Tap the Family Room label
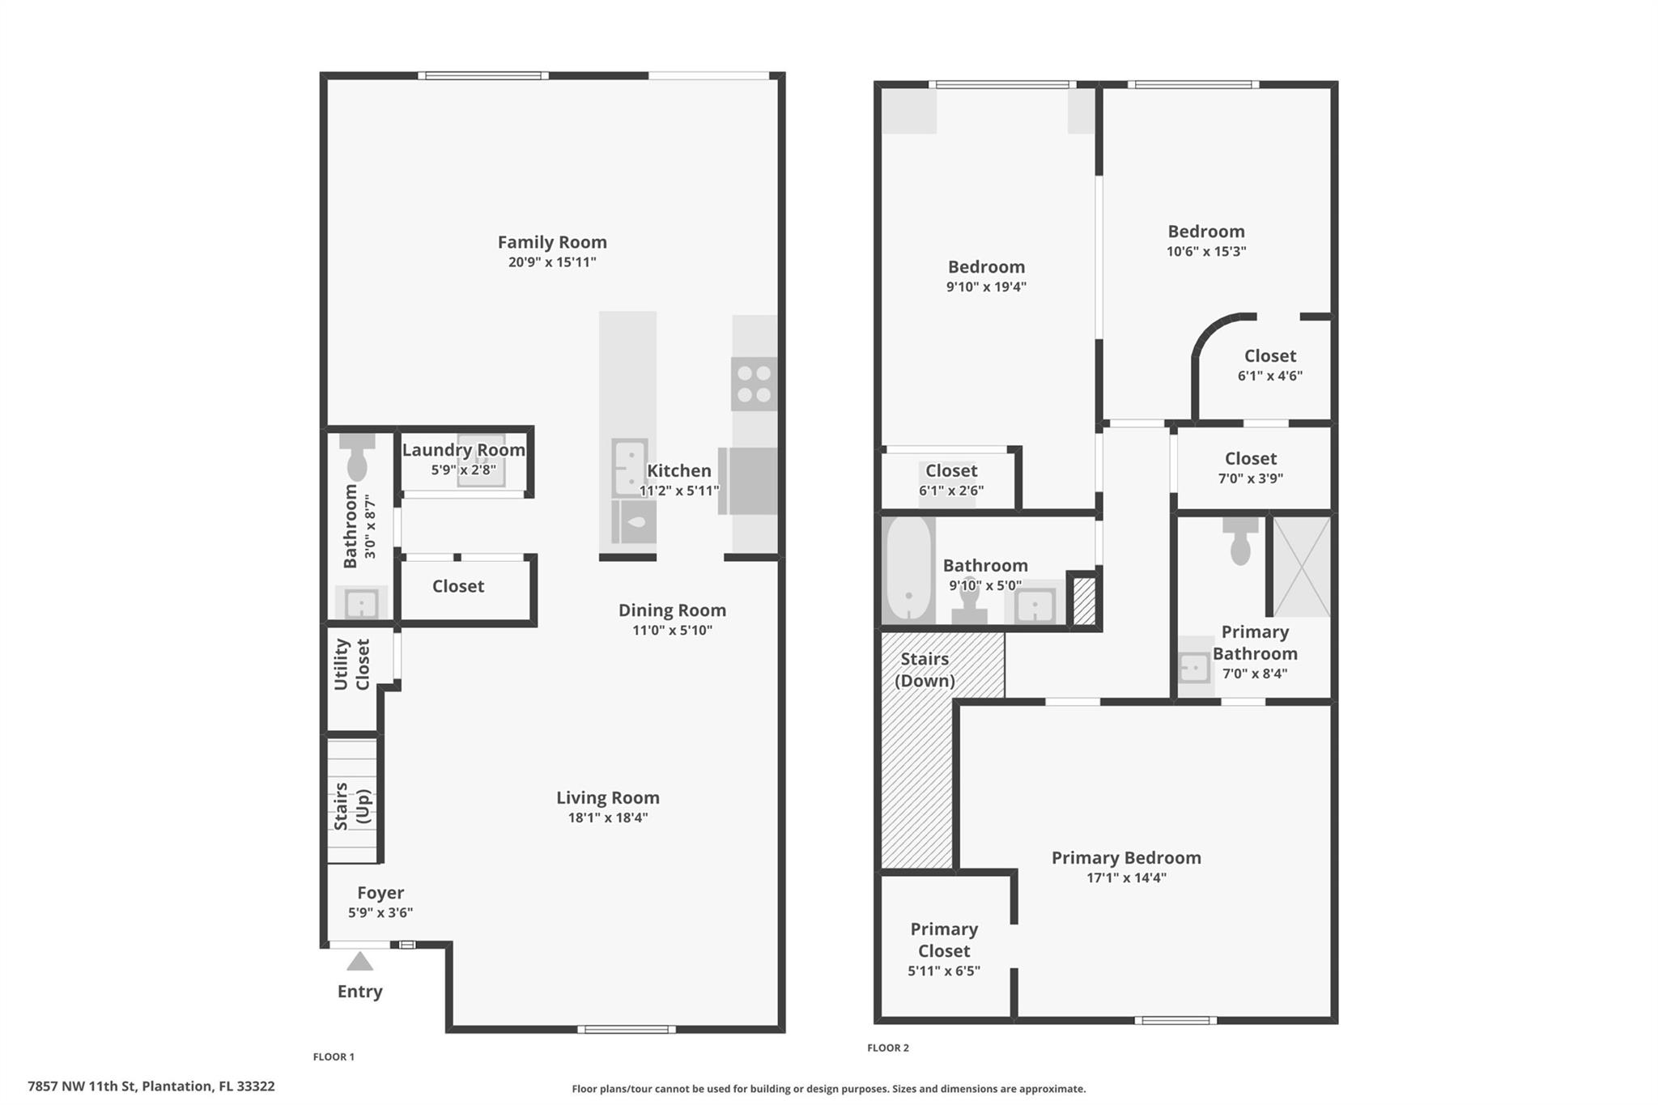pyautogui.click(x=552, y=242)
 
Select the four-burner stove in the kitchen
pyautogui.click(x=755, y=385)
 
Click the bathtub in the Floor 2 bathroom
pyautogui.click(x=909, y=570)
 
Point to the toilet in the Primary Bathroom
pyautogui.click(x=1240, y=541)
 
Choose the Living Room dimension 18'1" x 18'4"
pyautogui.click(x=608, y=818)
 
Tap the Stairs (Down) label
pyautogui.click(x=925, y=669)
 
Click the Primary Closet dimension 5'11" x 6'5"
pyautogui.click(x=944, y=971)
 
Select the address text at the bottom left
pyautogui.click(x=151, y=1086)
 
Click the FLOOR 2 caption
pyautogui.click(x=888, y=1048)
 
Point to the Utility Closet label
pyautogui.click(x=351, y=665)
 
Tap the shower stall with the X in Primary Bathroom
pyautogui.click(x=1302, y=567)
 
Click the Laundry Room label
pyautogui.click(x=464, y=450)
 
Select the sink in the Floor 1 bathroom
pyautogui.click(x=361, y=604)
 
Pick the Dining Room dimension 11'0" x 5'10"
pyautogui.click(x=673, y=631)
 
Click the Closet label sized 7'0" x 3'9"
pyautogui.click(x=1251, y=459)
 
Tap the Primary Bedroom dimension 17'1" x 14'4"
pyautogui.click(x=1126, y=878)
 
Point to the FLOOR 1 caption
pyautogui.click(x=334, y=1056)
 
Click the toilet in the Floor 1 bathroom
pyautogui.click(x=357, y=456)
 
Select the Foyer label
pyautogui.click(x=380, y=893)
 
